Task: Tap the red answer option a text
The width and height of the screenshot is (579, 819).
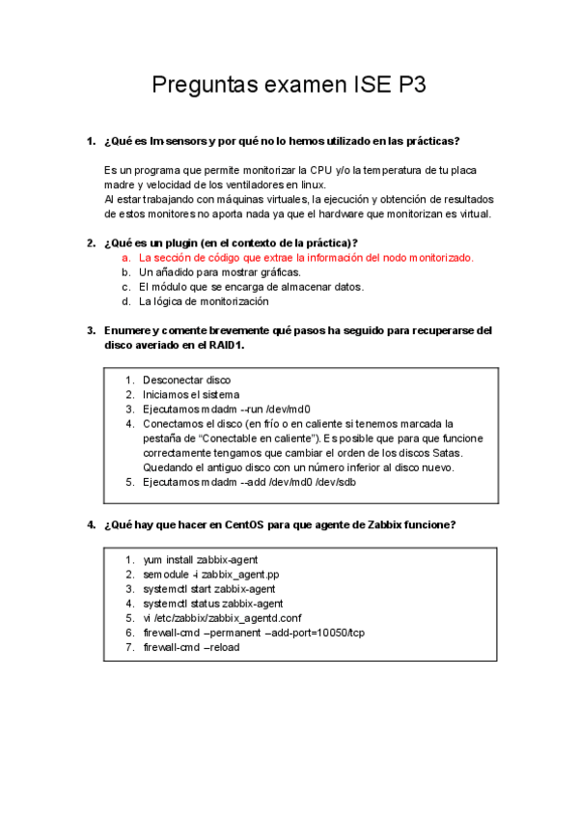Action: coord(306,258)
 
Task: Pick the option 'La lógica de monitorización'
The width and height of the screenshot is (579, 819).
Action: coord(204,301)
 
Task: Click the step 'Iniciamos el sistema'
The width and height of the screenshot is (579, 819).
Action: coord(191,394)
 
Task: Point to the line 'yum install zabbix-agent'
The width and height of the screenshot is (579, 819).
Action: coord(200,560)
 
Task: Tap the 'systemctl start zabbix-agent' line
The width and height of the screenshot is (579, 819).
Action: coord(208,589)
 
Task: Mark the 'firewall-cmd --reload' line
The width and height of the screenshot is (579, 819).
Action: coord(191,647)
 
